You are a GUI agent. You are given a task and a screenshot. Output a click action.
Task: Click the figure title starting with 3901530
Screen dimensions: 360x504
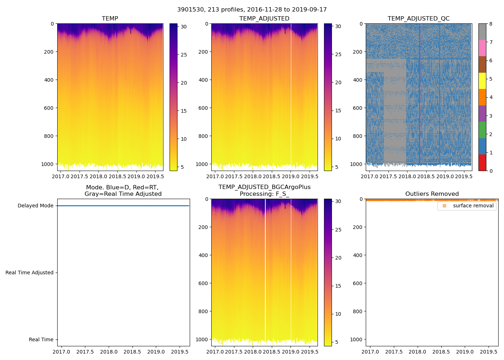click(252, 10)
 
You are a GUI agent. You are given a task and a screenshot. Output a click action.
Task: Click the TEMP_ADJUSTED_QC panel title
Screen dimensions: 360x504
click(418, 18)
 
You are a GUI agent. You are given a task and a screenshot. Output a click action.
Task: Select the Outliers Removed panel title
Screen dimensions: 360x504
click(432, 194)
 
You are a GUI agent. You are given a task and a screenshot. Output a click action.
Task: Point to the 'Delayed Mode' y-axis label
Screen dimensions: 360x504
click(35, 206)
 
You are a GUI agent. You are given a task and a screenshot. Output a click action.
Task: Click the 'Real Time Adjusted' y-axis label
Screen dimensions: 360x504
click(29, 273)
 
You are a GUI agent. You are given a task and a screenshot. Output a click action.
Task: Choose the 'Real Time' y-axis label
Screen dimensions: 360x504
click(41, 339)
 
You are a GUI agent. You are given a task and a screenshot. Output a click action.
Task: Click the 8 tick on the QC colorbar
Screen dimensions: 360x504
click(491, 24)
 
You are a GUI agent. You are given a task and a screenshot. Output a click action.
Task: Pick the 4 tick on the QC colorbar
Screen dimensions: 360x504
click(491, 97)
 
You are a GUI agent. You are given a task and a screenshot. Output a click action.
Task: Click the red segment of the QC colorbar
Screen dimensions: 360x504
click(482, 163)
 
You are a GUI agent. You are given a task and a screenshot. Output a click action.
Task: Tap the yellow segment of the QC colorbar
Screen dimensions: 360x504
click(482, 81)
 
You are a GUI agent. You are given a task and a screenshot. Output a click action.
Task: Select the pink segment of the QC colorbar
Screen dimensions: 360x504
click(482, 48)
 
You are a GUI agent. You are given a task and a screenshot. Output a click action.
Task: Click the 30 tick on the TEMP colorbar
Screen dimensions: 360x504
click(184, 26)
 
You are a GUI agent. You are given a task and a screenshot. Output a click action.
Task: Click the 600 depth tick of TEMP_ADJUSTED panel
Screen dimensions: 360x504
click(203, 108)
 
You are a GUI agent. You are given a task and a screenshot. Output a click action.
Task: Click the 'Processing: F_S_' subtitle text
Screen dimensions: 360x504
click(264, 194)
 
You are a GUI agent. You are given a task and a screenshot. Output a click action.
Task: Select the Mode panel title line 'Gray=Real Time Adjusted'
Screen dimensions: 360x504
click(123, 194)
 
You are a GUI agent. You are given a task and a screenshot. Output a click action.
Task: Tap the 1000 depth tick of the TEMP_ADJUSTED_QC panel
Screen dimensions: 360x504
click(356, 164)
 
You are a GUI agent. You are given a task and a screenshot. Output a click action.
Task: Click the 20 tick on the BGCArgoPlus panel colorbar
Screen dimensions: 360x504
click(338, 258)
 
